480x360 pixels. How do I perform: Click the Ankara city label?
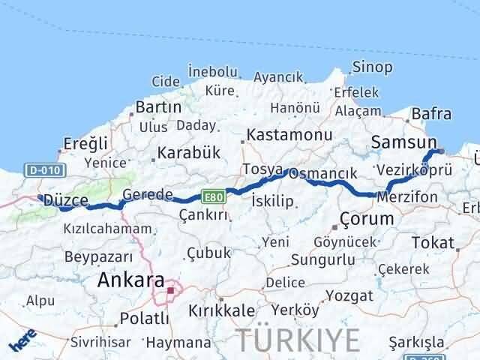(x=131, y=280)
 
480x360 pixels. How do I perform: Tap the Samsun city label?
(x=403, y=142)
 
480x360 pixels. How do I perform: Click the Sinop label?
(x=372, y=67)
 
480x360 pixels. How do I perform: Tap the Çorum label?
(x=367, y=219)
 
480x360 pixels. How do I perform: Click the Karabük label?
(x=187, y=152)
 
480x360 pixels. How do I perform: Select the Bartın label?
(x=159, y=107)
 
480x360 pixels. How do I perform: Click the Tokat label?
(x=433, y=242)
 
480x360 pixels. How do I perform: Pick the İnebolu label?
(x=213, y=72)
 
